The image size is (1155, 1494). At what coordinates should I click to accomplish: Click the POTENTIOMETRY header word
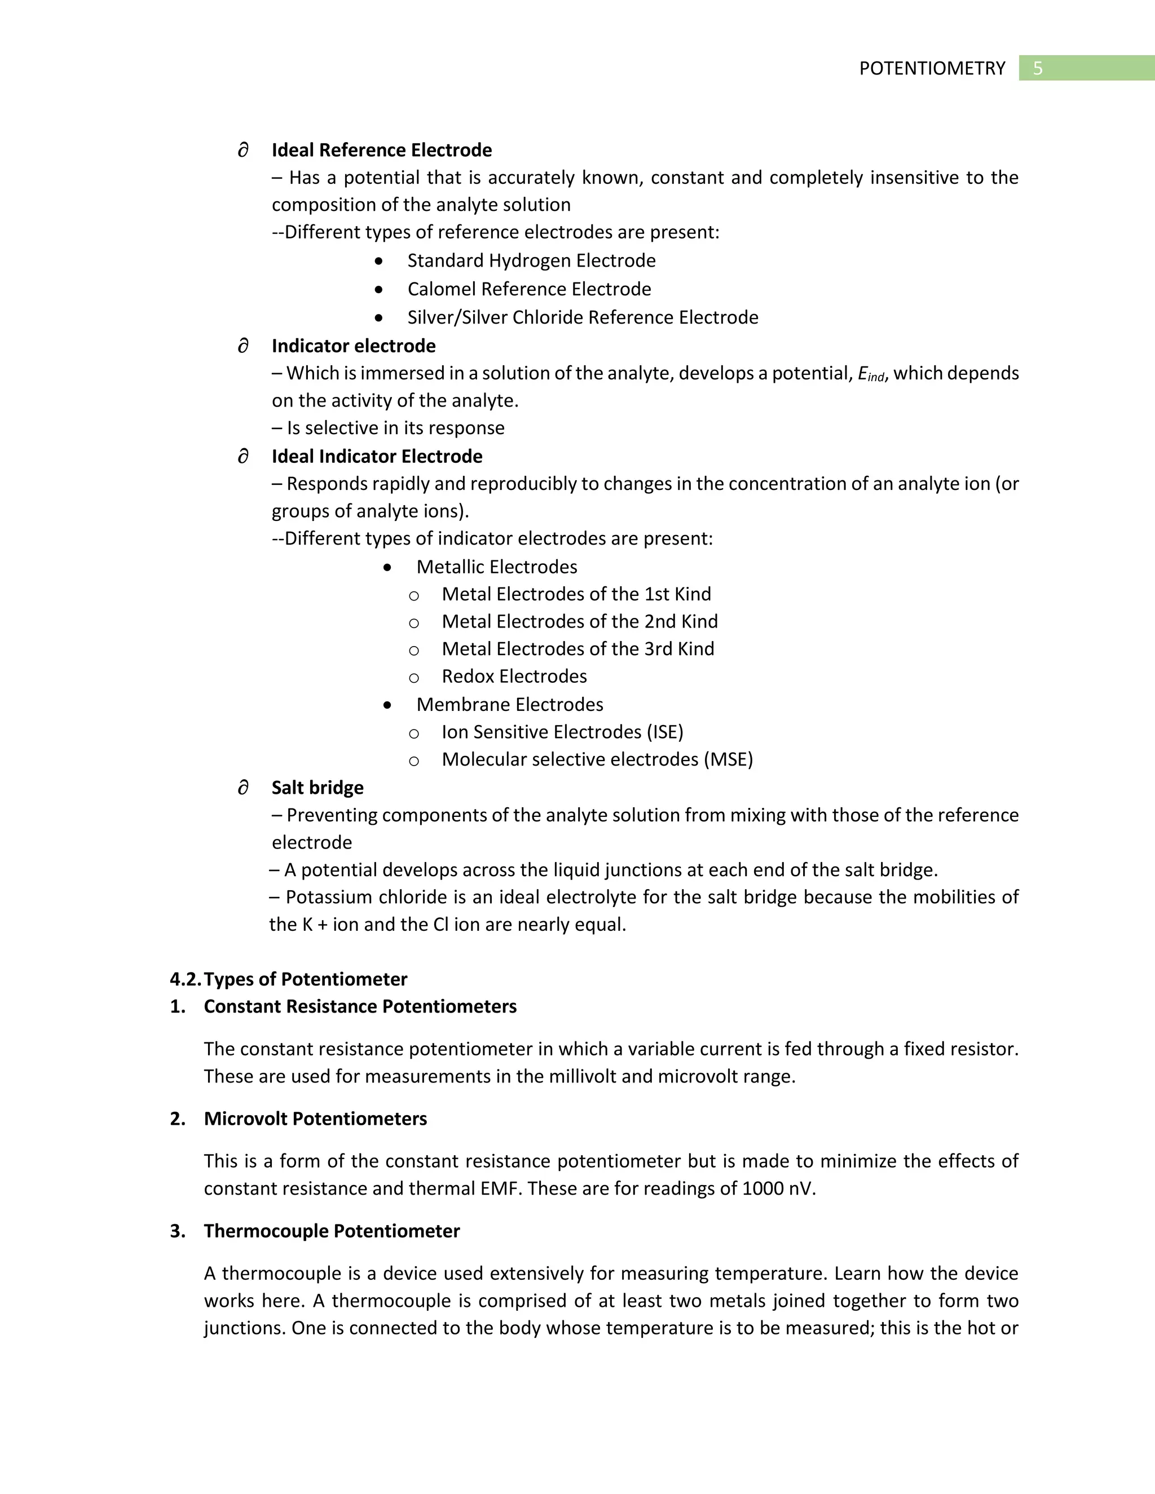pos(932,68)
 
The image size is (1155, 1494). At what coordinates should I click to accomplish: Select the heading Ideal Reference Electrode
pos(381,150)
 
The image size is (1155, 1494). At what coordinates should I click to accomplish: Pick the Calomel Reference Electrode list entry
pos(529,289)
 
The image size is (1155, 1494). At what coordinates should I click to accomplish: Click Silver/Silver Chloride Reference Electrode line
pos(582,317)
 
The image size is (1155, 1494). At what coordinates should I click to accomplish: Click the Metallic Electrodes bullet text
pos(496,567)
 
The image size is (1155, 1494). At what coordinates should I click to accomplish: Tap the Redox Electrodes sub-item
pos(514,677)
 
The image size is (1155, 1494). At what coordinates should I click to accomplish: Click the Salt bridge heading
pos(317,788)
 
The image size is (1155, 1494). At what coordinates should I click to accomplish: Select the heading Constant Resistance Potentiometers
pos(360,1006)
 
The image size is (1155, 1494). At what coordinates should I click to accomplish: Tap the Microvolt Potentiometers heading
pos(315,1119)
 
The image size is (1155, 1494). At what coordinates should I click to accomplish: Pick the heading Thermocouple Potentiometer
pos(331,1231)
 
